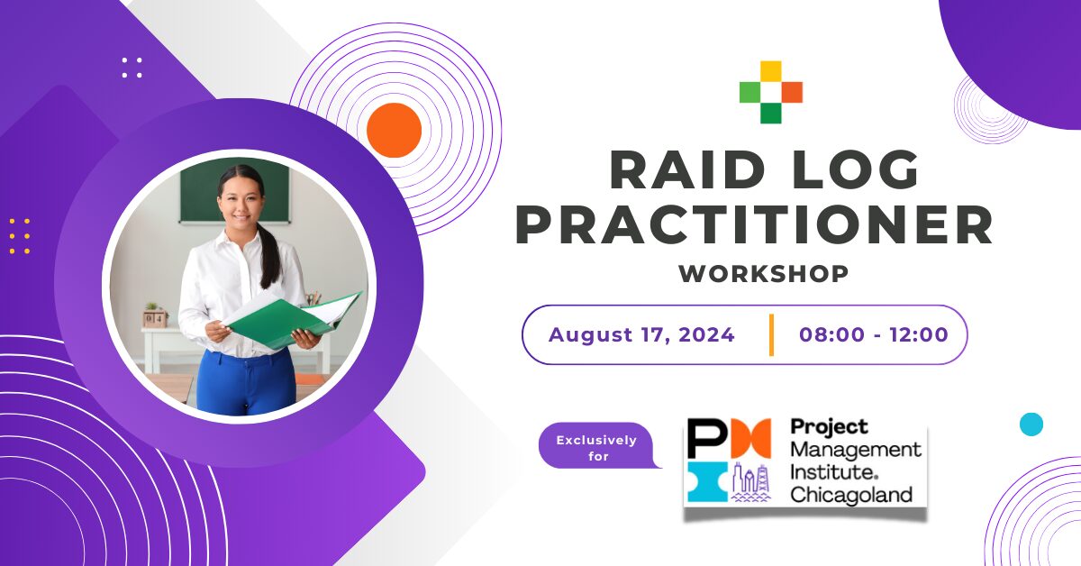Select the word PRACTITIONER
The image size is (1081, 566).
754,225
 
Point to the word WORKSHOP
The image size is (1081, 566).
764,273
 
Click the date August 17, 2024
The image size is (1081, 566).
641,335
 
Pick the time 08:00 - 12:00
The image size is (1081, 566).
873,335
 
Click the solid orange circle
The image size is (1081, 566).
394,130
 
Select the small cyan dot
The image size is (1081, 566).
1031,424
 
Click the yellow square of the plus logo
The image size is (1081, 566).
770,71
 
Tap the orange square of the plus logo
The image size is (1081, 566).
792,92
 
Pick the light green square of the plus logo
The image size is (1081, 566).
749,92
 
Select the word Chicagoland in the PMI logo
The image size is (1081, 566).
851,494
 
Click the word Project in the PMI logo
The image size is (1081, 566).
829,426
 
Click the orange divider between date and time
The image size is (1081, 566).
771,335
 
